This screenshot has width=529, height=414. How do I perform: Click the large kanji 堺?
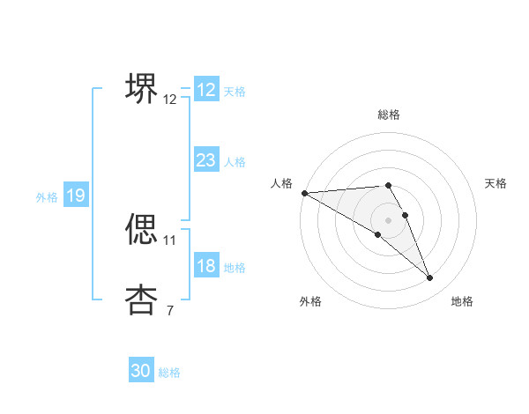[141, 87]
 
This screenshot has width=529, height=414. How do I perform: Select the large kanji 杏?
[141, 299]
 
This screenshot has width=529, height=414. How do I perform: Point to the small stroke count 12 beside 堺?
[169, 100]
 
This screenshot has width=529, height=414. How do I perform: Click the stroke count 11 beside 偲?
[169, 240]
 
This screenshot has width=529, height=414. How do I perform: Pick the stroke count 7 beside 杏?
[169, 310]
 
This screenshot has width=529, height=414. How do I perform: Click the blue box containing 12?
[205, 90]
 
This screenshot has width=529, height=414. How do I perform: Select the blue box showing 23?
[205, 160]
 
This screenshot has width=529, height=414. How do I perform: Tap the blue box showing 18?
[205, 266]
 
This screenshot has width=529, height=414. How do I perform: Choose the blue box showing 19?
[75, 196]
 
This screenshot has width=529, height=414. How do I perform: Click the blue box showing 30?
[141, 371]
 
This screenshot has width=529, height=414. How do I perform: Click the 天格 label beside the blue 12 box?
[234, 92]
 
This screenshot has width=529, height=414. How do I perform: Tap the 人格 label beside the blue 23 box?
[234, 162]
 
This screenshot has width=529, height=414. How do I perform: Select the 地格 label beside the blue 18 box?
[234, 268]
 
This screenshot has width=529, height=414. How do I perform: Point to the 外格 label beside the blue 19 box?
[47, 197]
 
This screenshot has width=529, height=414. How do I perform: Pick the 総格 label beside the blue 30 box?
[169, 373]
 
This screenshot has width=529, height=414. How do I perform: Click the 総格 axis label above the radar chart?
[388, 115]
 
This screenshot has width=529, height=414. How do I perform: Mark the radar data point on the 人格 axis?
[304, 193]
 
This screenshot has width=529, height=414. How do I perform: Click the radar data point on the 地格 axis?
[429, 277]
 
